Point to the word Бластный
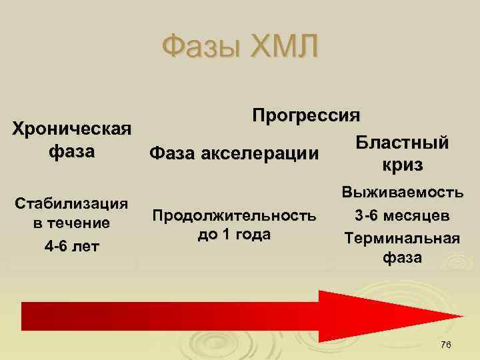[x=401, y=143]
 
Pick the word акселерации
[x=267, y=155]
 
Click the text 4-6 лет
[x=72, y=247]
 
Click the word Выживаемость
[x=402, y=193]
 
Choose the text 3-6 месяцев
[x=402, y=216]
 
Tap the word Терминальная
[x=402, y=238]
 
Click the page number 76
[x=445, y=344]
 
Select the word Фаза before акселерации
[x=175, y=155]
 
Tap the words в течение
[x=72, y=224]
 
